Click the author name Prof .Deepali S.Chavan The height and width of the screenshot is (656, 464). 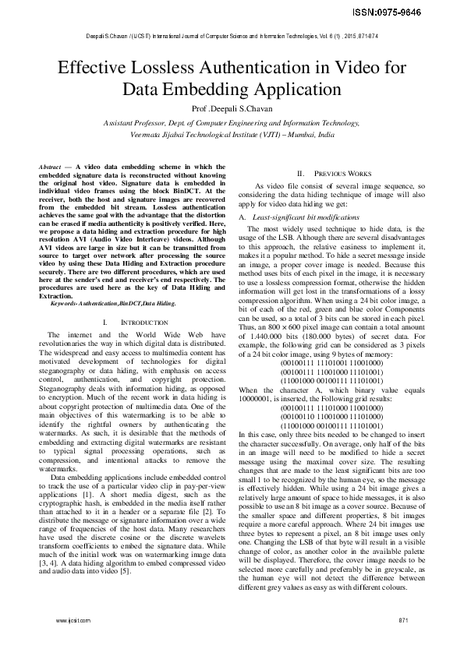[231, 109]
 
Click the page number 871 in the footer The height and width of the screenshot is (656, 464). [402, 620]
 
